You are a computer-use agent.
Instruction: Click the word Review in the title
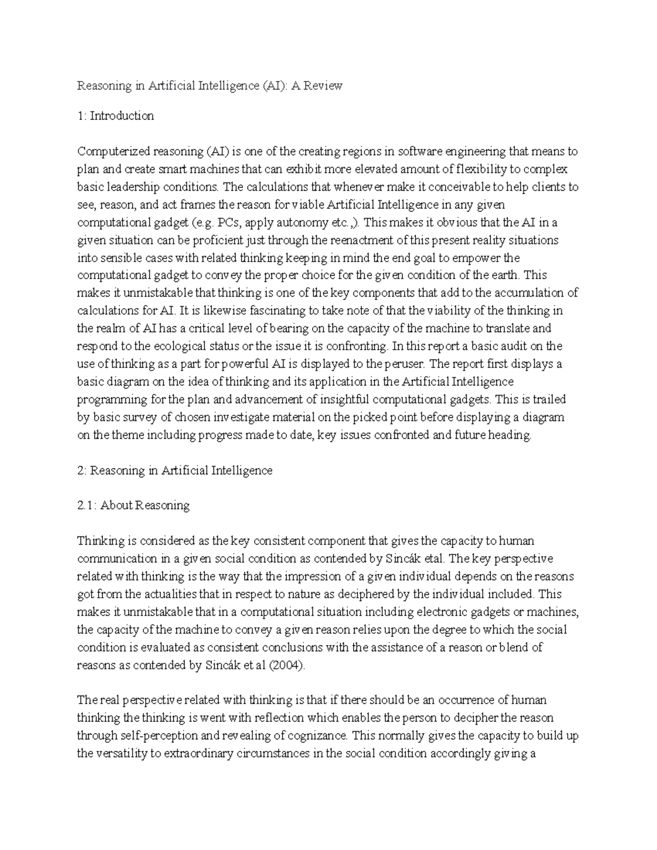click(x=324, y=86)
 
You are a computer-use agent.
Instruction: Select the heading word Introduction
click(x=122, y=116)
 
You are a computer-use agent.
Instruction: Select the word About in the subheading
click(x=117, y=505)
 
